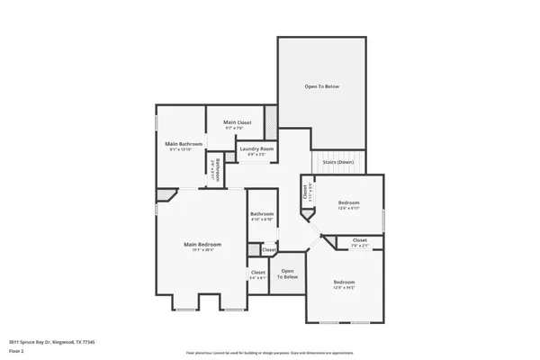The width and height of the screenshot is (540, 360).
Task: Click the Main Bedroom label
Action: click(x=202, y=244)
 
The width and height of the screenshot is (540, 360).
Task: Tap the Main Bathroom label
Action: click(x=184, y=144)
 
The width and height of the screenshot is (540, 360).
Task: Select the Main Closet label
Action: click(x=238, y=122)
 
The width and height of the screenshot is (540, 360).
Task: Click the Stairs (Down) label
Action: click(x=338, y=163)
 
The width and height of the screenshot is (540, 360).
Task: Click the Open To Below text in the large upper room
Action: click(x=321, y=86)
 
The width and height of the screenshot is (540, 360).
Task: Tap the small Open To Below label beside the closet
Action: click(x=287, y=274)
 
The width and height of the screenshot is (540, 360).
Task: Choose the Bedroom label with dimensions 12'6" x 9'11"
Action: click(x=349, y=203)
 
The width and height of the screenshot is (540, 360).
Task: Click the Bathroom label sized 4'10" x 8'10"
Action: click(x=261, y=214)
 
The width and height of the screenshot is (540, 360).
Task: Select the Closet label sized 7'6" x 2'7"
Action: click(x=359, y=240)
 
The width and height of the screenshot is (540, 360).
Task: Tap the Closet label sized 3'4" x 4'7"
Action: click(x=258, y=272)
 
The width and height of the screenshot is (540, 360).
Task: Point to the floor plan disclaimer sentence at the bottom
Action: click(x=270, y=353)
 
